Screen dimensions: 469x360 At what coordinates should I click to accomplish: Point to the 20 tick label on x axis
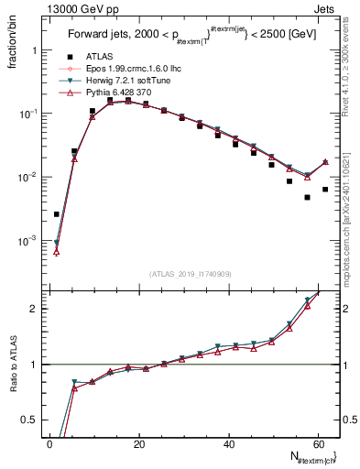(139, 443)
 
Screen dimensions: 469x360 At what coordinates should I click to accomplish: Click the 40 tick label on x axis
(229, 443)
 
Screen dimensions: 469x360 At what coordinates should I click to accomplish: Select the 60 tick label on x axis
(318, 443)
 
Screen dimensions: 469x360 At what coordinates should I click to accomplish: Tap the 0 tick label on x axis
(50, 443)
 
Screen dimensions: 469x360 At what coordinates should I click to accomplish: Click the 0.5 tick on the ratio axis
(30, 420)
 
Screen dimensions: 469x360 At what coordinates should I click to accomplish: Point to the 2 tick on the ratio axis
(34, 309)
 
